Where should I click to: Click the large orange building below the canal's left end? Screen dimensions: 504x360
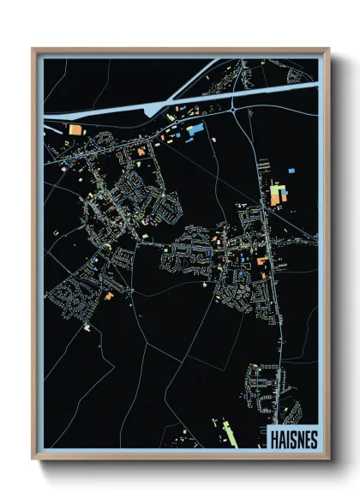(x=75, y=129)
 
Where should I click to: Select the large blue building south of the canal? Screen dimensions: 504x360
(x=195, y=130)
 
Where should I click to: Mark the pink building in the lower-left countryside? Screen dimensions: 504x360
(x=87, y=327)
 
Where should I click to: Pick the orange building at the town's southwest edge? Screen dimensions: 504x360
(x=109, y=296)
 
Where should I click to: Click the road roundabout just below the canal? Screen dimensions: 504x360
(x=235, y=109)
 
